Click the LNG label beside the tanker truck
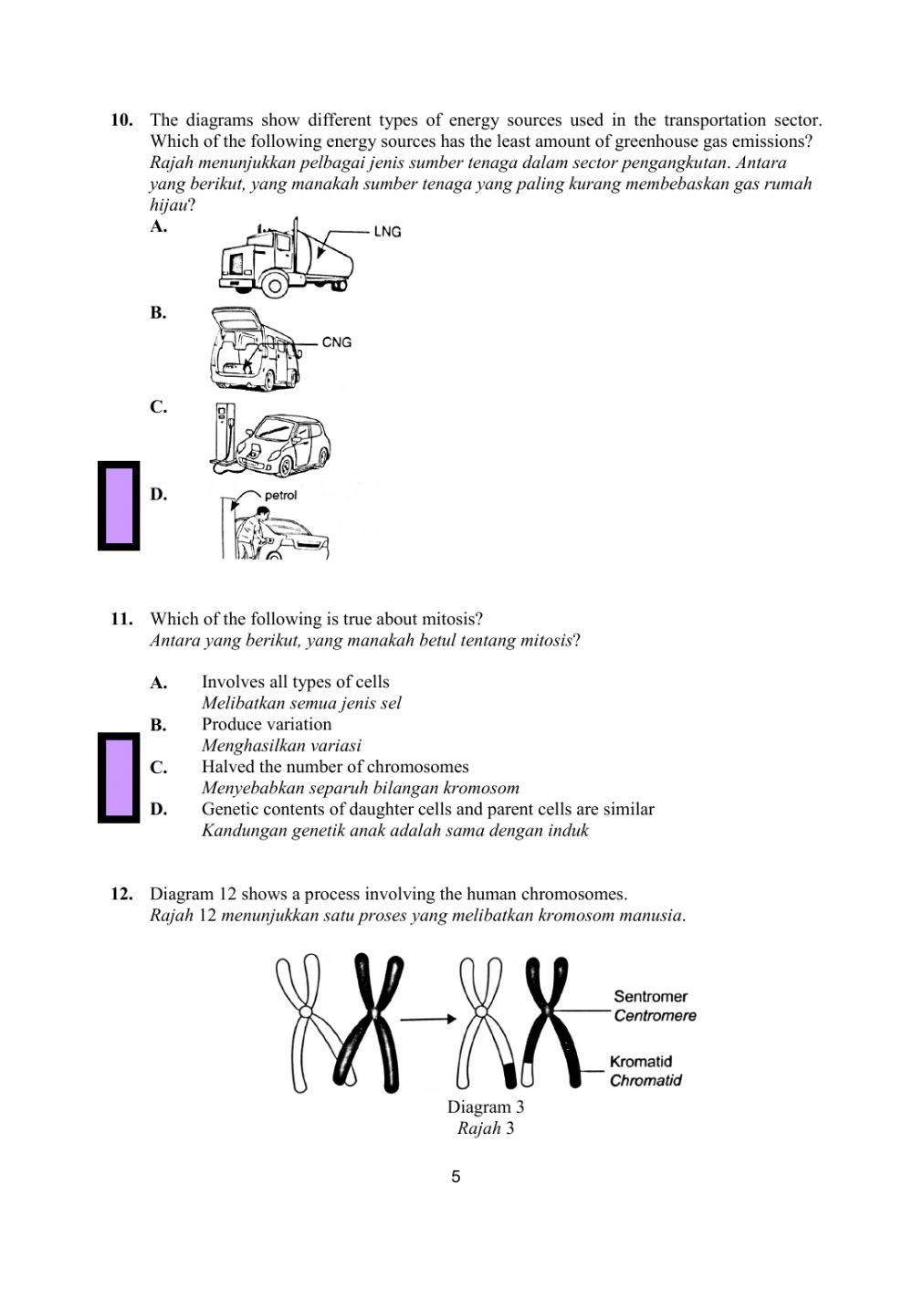coord(387,232)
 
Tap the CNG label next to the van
coord(336,342)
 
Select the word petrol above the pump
coord(280,496)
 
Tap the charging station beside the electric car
coord(223,436)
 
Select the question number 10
coord(121,120)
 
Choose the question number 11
coord(121,619)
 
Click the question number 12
coord(121,894)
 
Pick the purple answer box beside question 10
coord(119,506)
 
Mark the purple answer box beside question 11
coord(119,778)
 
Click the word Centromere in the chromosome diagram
coord(655,1015)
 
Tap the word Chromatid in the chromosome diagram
coord(645,1080)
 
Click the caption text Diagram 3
coord(485,1107)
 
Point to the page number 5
coord(456,1177)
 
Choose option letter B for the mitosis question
coord(158,725)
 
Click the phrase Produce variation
coord(267,724)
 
